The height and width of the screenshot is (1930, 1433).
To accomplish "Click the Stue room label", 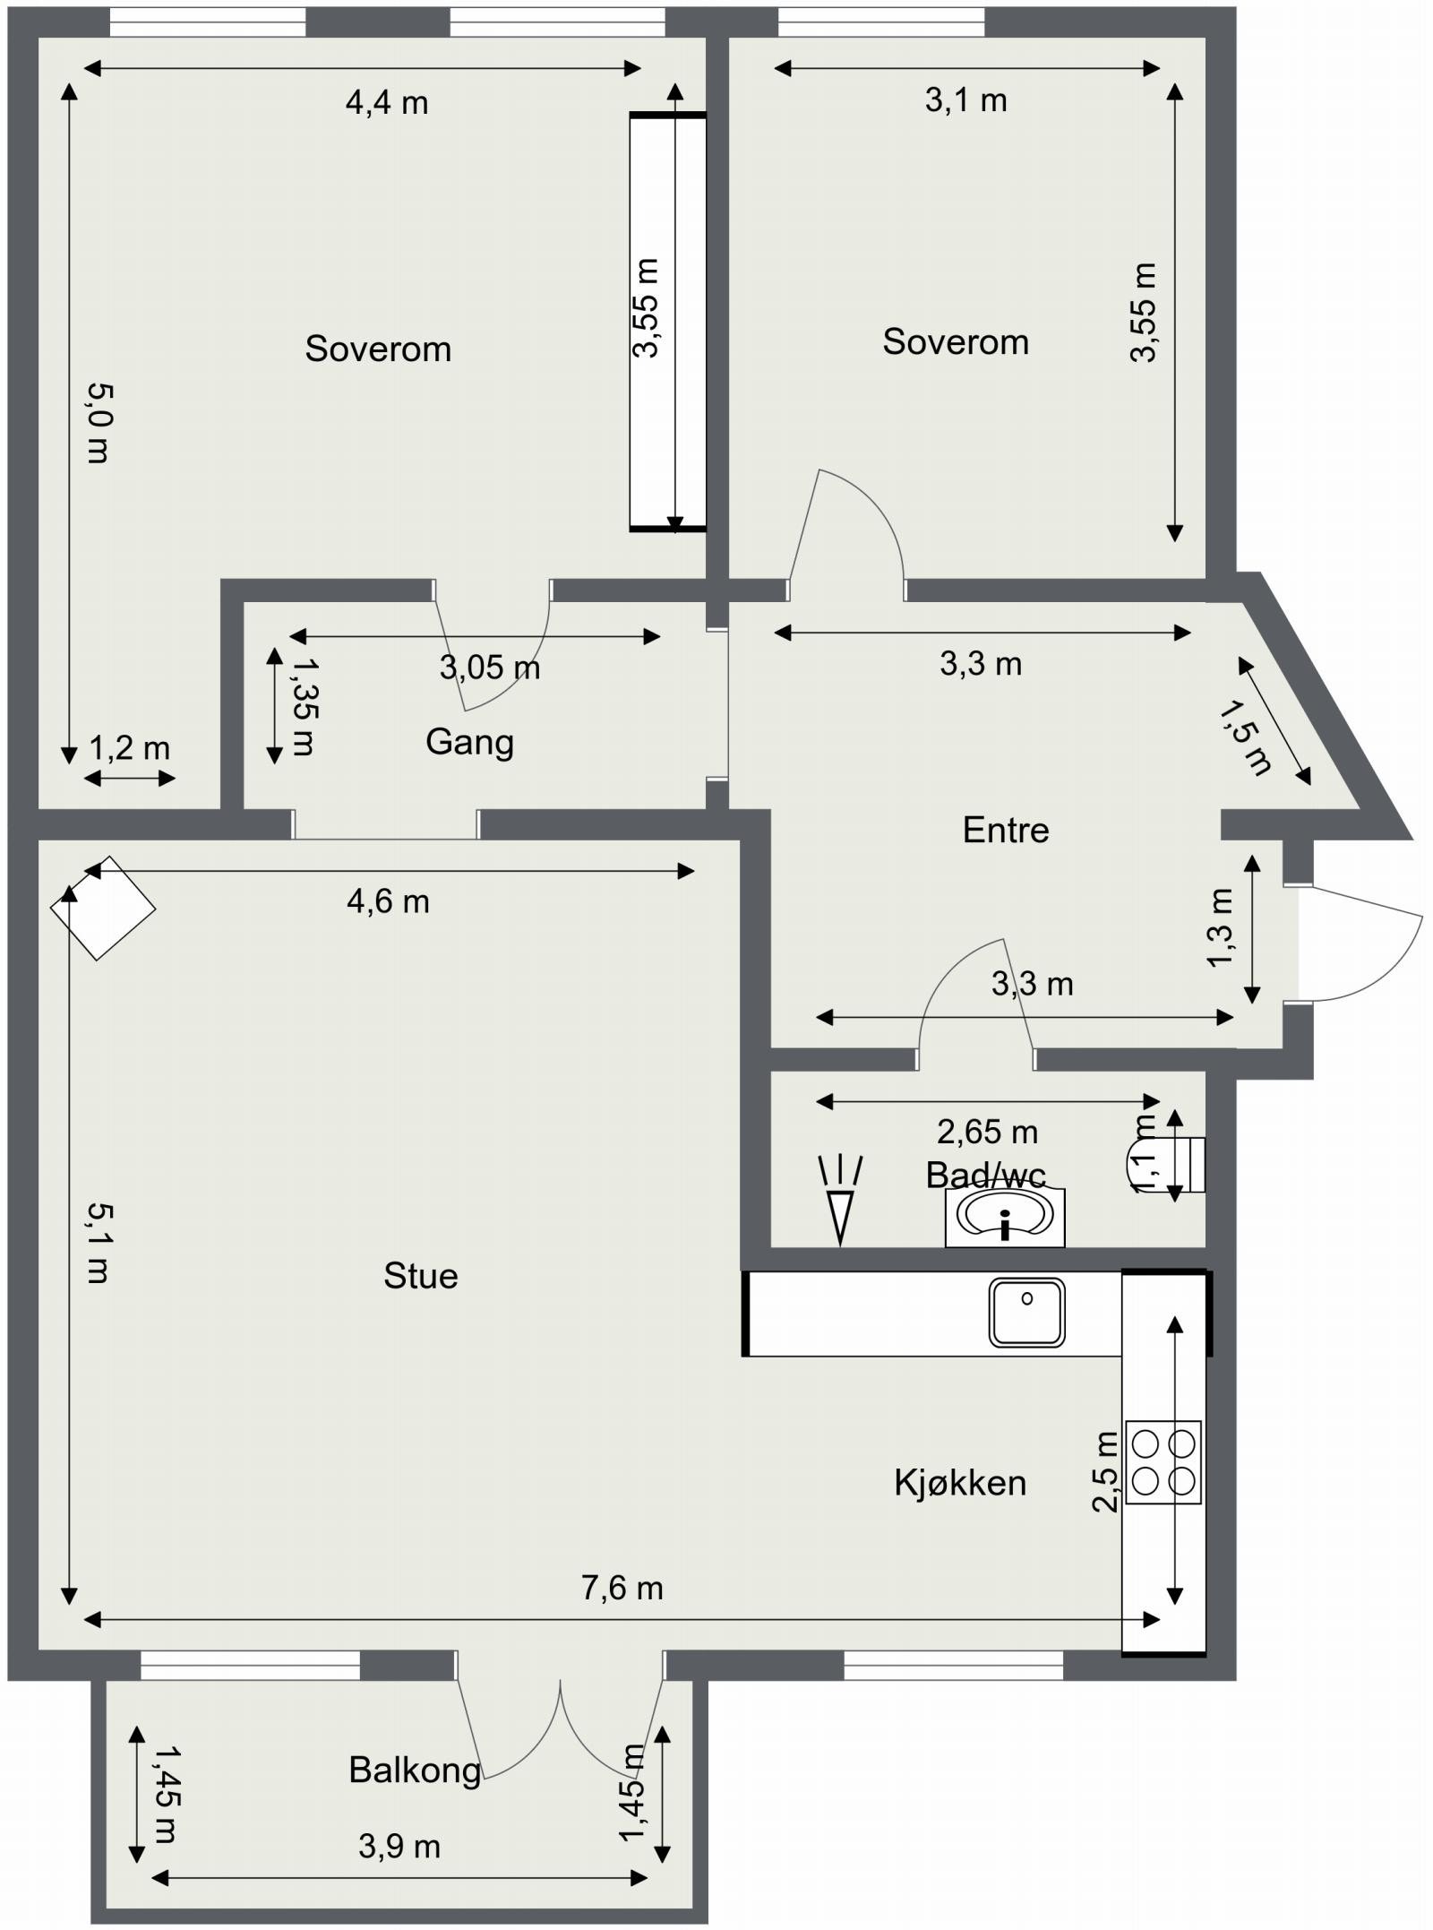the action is (420, 1276).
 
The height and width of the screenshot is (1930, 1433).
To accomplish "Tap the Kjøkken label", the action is (960, 1483).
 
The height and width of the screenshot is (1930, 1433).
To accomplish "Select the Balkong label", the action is (416, 1771).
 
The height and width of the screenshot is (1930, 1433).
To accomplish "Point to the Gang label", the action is (469, 743).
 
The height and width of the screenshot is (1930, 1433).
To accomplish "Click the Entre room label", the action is (1006, 830).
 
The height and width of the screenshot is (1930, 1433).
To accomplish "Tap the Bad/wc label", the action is (986, 1175).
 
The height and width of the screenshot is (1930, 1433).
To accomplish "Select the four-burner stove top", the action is (1163, 1462).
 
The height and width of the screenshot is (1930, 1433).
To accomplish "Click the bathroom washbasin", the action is (1005, 1217).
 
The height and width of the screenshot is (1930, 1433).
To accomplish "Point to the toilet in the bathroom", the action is (1164, 1165).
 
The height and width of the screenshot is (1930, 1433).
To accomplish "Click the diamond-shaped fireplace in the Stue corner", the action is (103, 908).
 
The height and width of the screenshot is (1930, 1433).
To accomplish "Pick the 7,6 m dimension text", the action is (622, 1589).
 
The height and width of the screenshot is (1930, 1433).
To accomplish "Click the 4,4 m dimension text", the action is (387, 104).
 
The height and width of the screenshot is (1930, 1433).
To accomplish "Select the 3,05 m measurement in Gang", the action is (490, 668).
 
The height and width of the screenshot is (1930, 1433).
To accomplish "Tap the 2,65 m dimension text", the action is (988, 1133).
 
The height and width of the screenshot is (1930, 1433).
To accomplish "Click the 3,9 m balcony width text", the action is (399, 1847).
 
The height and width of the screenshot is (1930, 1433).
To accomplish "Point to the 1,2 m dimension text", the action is (129, 748).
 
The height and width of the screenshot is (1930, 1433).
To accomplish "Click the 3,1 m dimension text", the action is (966, 100).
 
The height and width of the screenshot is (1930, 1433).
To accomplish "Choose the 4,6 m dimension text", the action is (389, 901).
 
